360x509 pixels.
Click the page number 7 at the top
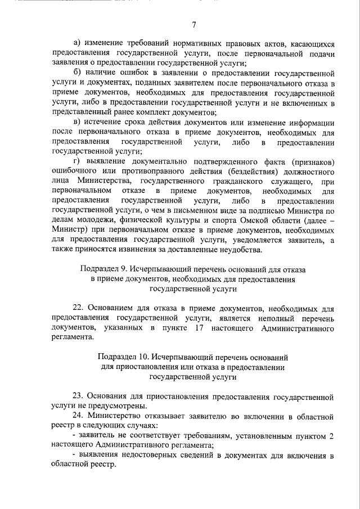(193, 25)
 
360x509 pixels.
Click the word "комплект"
(154, 112)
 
